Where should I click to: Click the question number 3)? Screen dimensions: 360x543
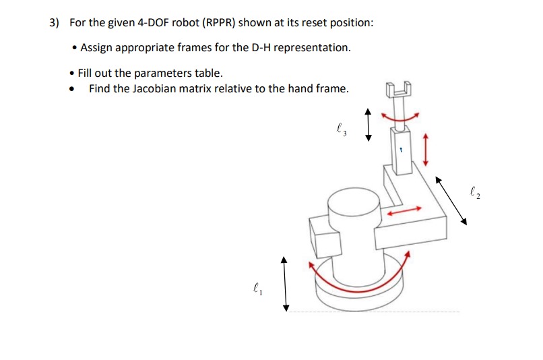click(x=54, y=23)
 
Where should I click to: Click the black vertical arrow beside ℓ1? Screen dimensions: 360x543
click(x=285, y=282)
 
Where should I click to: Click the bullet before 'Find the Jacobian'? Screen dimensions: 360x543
click(x=71, y=89)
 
